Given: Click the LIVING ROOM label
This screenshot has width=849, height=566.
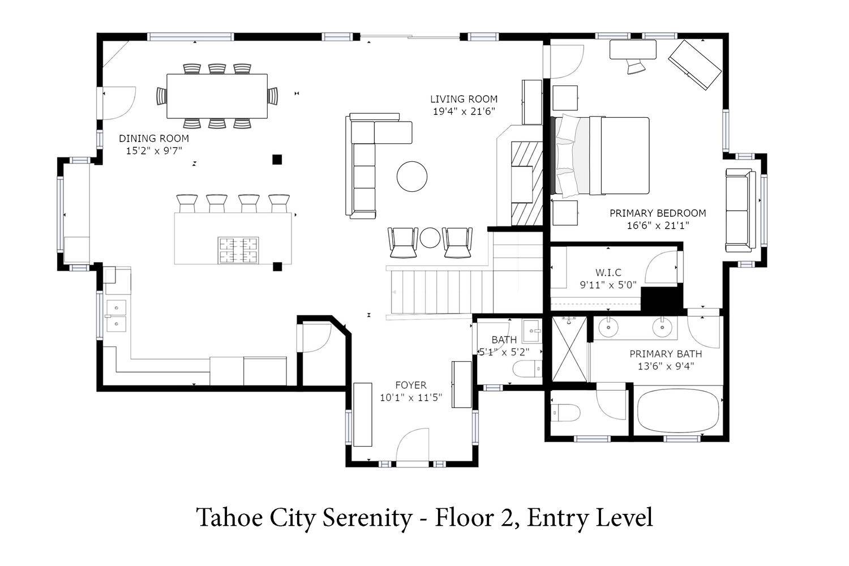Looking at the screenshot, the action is tap(464, 99).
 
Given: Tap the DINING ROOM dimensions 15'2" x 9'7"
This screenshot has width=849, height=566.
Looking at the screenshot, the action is tap(154, 151).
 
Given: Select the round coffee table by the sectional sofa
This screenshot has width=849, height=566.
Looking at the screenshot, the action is tap(412, 176).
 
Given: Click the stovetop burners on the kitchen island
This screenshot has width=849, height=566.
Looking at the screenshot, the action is tap(238, 250).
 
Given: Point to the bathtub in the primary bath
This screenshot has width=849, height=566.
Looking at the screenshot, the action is tap(678, 410).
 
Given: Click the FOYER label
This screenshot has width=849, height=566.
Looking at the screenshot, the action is tap(411, 385).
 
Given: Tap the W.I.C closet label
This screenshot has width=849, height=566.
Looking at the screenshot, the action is tap(608, 272).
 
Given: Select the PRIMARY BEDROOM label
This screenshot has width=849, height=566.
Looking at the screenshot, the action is tap(658, 213).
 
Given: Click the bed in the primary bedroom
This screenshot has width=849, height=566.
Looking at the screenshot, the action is tap(601, 156).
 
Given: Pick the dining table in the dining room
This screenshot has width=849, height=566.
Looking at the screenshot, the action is tap(217, 96).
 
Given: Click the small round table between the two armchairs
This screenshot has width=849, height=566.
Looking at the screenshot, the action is tap(430, 238).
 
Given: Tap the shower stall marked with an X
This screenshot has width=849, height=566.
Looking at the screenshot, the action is tap(569, 349).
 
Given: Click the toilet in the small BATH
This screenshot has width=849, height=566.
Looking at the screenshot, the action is tap(528, 369).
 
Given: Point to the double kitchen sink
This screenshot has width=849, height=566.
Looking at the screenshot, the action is tap(116, 315).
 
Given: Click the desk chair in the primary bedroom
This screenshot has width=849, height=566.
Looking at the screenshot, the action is tap(636, 66).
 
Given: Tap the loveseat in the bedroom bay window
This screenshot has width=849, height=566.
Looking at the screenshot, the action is tap(740, 211).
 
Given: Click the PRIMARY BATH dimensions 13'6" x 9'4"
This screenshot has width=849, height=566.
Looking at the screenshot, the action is tap(666, 366).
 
